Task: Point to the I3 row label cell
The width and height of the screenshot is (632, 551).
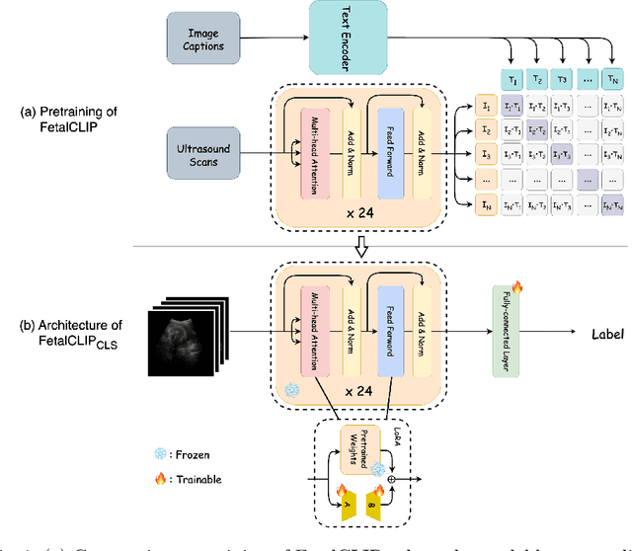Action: (x=486, y=155)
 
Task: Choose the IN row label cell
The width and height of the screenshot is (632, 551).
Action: (x=486, y=204)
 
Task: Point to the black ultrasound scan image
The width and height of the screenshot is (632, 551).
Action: (x=192, y=334)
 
